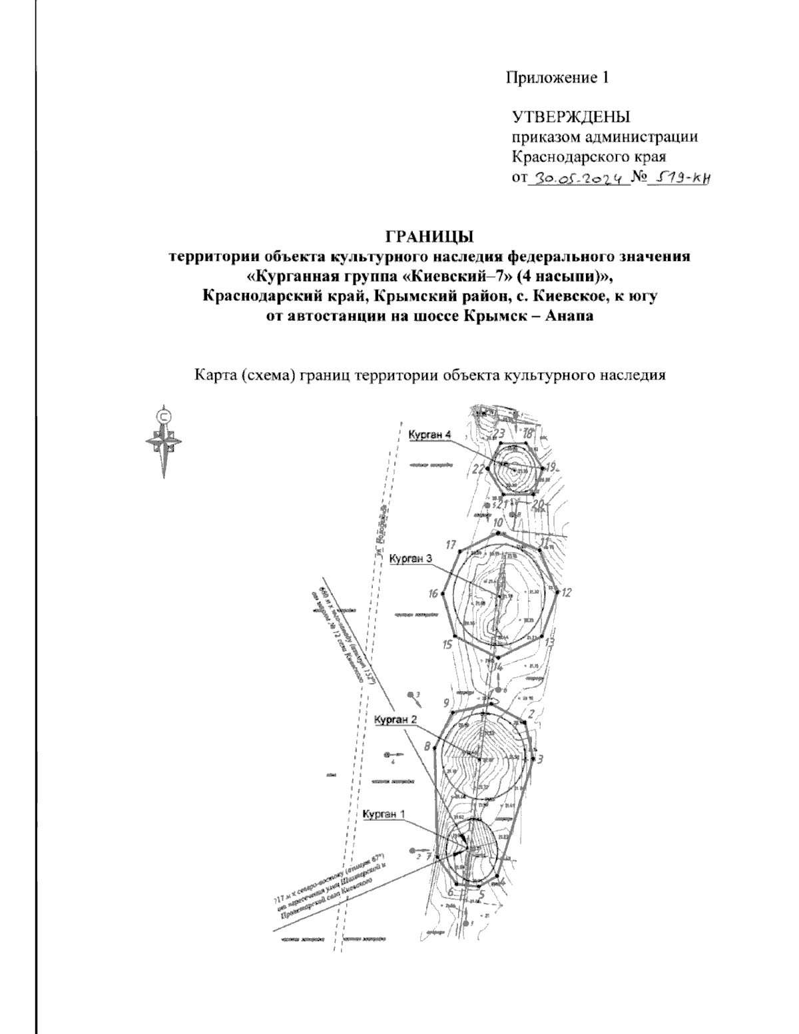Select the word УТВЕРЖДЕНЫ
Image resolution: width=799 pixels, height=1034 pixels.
pos(571,119)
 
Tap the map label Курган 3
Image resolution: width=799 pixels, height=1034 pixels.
pos(411,559)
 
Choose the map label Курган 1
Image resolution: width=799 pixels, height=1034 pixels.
pos(384,814)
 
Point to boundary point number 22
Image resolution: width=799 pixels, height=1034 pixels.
pos(478,469)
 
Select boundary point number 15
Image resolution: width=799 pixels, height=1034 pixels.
pos(447,645)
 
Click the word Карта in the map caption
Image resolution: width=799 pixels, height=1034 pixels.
pos(214,376)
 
